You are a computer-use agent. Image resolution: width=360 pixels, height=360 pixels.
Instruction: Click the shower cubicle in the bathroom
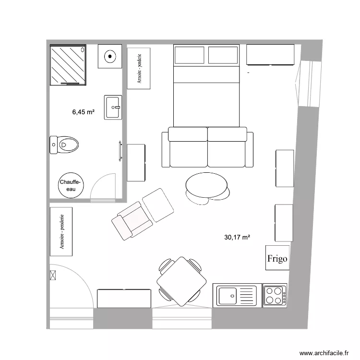(68, 65)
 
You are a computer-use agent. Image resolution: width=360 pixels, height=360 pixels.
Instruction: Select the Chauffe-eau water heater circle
(71, 185)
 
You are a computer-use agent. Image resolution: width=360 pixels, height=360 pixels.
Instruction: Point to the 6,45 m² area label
(83, 112)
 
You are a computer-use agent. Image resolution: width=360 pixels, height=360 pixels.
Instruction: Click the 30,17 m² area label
(238, 237)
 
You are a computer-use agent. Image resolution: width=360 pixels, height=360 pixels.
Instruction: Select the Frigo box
(277, 259)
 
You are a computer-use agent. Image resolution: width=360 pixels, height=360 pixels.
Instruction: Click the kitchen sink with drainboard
(237, 295)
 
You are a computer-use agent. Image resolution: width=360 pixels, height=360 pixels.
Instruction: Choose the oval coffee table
(207, 185)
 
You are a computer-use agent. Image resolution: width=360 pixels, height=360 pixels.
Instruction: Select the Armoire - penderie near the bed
(139, 68)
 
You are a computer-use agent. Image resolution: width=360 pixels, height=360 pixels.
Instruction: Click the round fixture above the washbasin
(110, 57)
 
